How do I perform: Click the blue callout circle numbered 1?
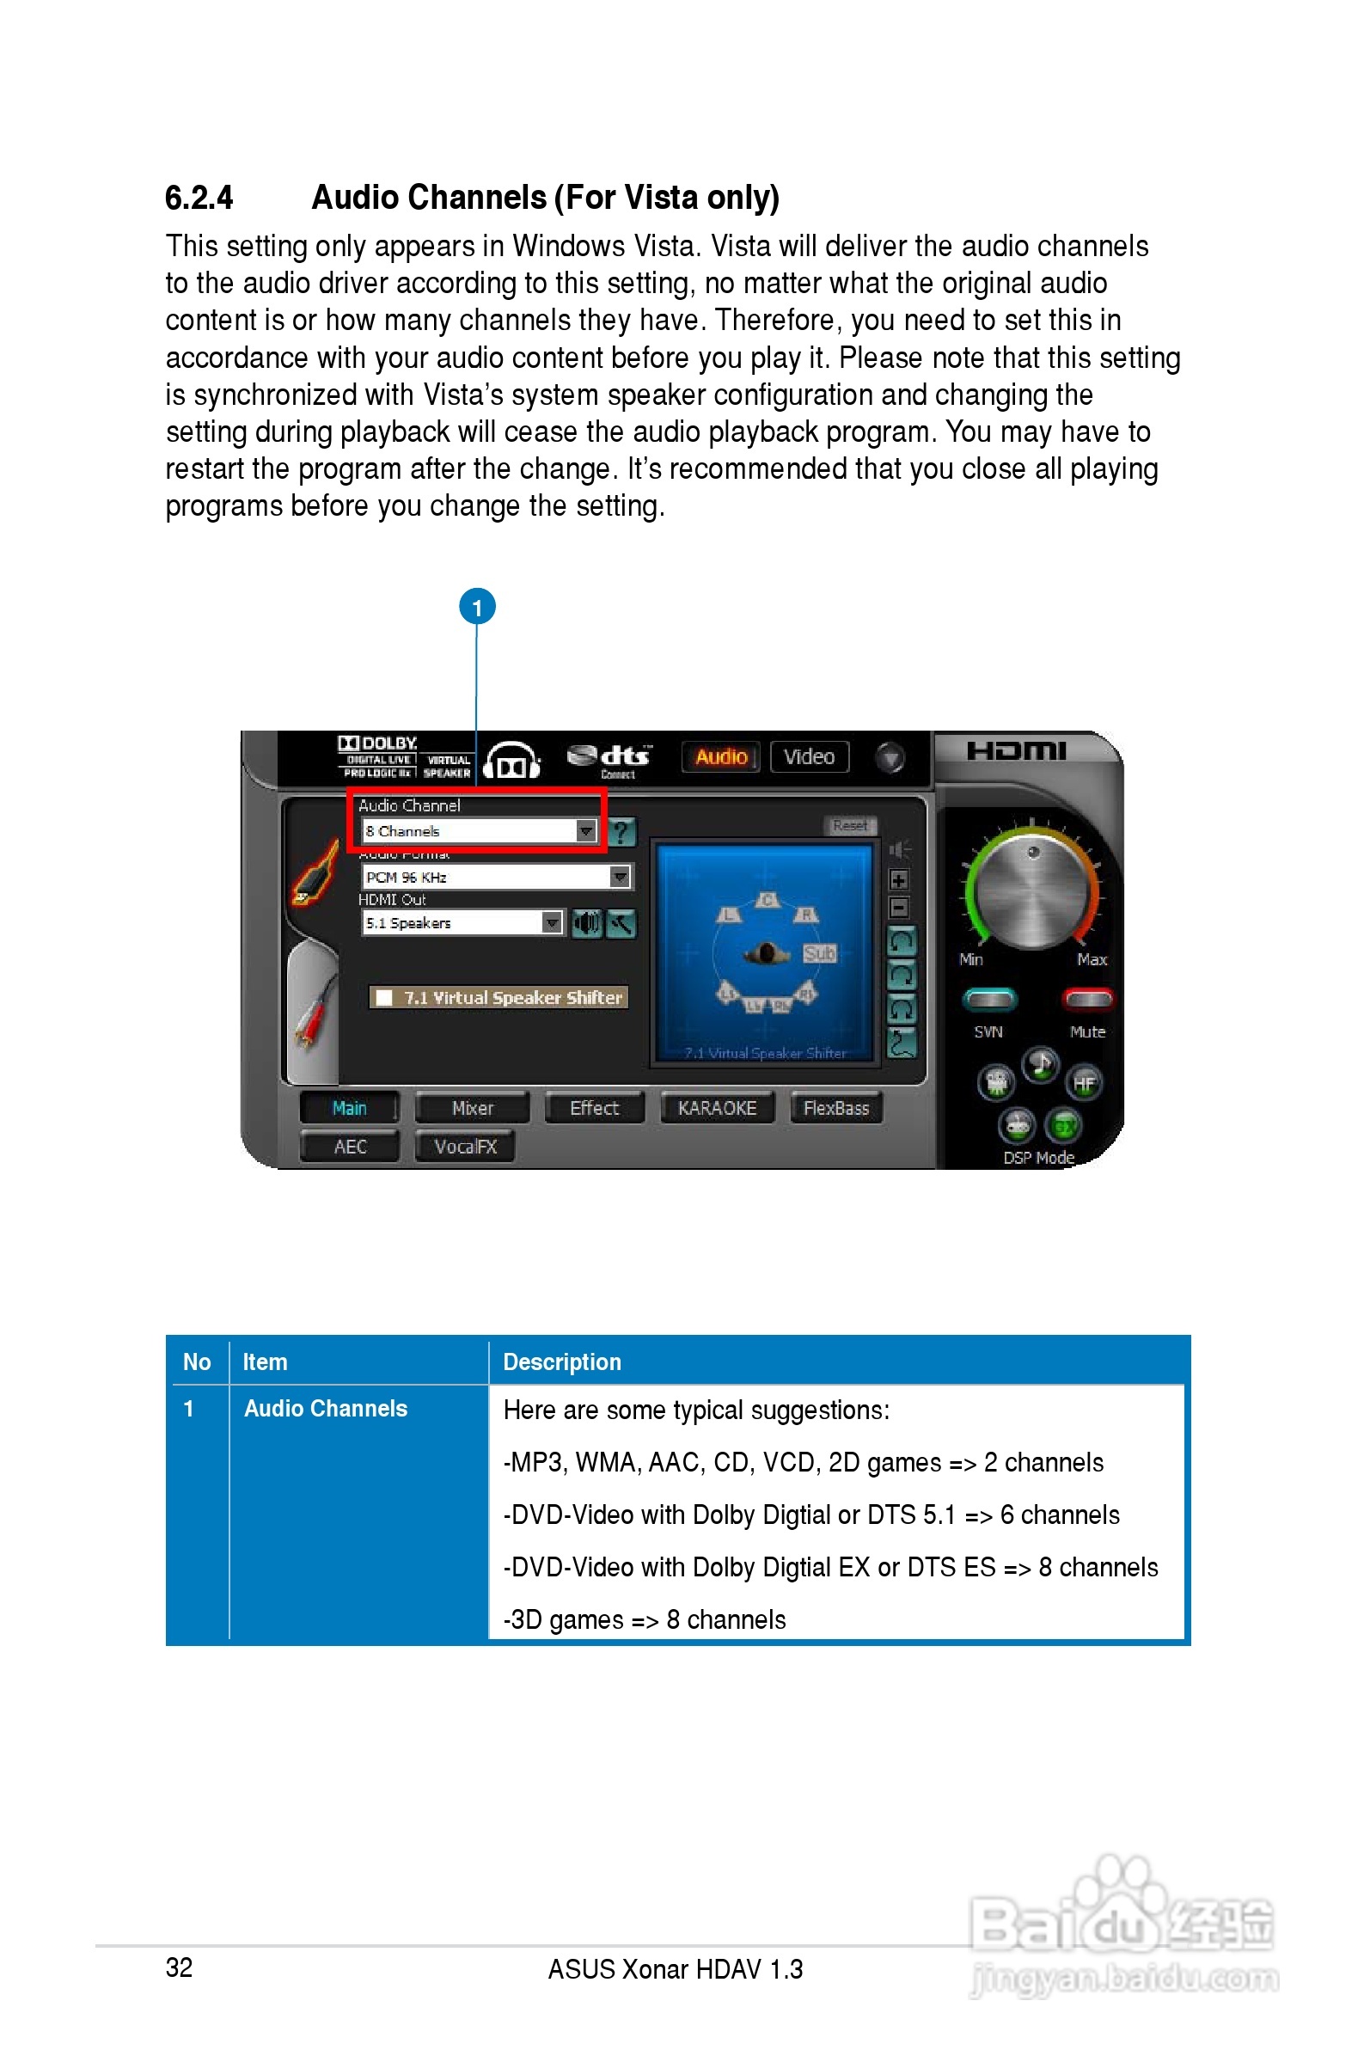tap(477, 606)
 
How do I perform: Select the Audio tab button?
tap(720, 756)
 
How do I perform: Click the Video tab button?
tap(809, 756)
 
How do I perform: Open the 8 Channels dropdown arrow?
tap(586, 830)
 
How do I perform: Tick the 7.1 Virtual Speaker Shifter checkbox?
tap(383, 998)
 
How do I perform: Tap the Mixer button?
tap(473, 1108)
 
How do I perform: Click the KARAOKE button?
tap(717, 1108)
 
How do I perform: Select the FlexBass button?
tap(836, 1108)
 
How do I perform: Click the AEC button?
tap(350, 1147)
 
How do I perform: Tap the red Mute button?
tap(1087, 1000)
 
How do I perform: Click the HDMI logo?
tap(1015, 750)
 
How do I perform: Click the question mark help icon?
tap(621, 832)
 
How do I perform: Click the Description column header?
tap(562, 1362)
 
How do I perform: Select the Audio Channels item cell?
tap(326, 1409)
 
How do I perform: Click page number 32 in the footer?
tap(179, 1967)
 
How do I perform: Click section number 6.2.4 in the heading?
tap(199, 199)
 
